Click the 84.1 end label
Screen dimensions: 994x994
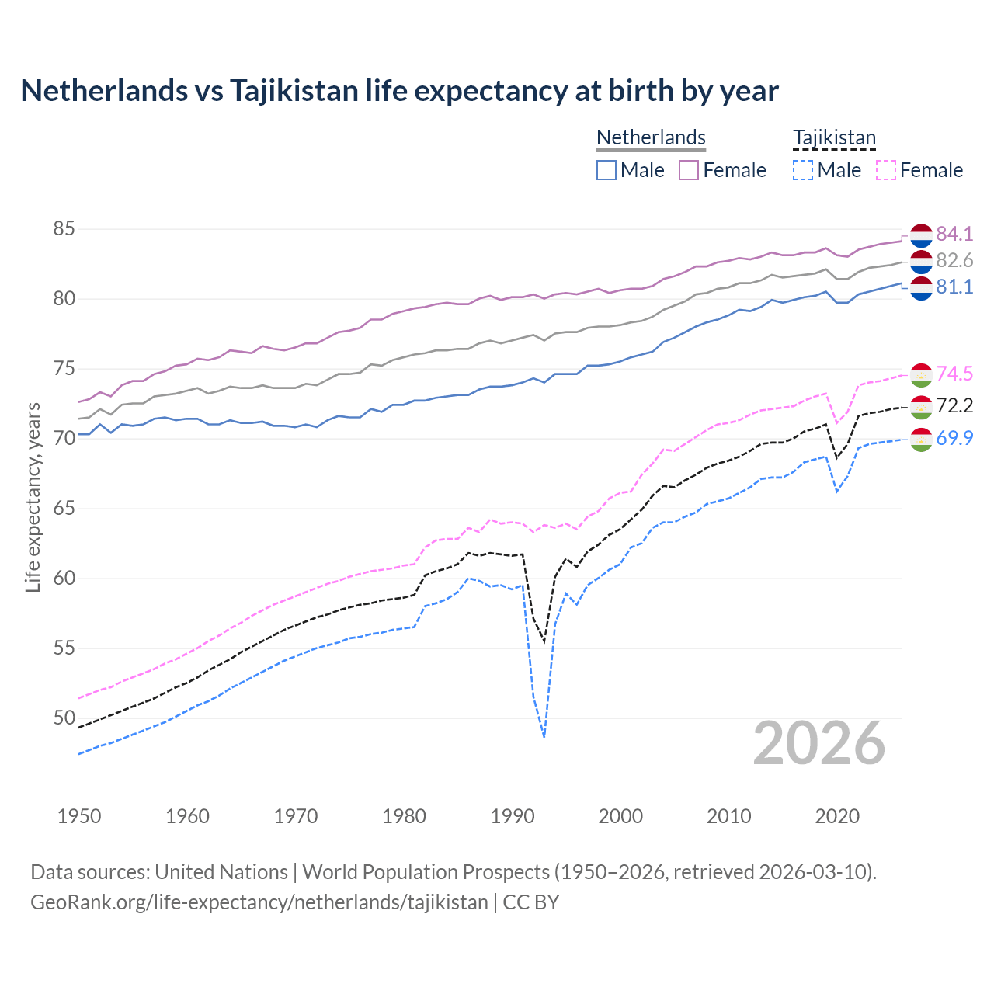click(954, 234)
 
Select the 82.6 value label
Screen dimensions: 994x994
click(954, 260)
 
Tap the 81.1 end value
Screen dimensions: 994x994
click(954, 287)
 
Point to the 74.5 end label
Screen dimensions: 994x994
click(954, 374)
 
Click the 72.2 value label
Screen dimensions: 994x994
click(954, 405)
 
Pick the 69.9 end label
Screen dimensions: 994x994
click(954, 438)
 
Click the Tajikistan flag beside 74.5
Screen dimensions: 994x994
click(921, 374)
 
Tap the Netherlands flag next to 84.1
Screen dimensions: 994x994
click(921, 235)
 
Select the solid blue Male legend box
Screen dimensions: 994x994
click(606, 170)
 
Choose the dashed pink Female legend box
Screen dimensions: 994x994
click(885, 170)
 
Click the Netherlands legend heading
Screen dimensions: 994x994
click(651, 137)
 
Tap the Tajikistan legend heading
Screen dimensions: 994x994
click(834, 137)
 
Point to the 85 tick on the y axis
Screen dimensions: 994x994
click(64, 229)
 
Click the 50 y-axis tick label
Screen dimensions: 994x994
click(64, 718)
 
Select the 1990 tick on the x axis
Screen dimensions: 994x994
click(513, 816)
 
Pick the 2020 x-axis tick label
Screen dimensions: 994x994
click(837, 816)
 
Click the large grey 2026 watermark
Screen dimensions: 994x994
click(819, 743)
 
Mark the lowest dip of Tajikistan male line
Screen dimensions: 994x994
click(544, 735)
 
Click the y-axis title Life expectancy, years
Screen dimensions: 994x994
click(33, 497)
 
